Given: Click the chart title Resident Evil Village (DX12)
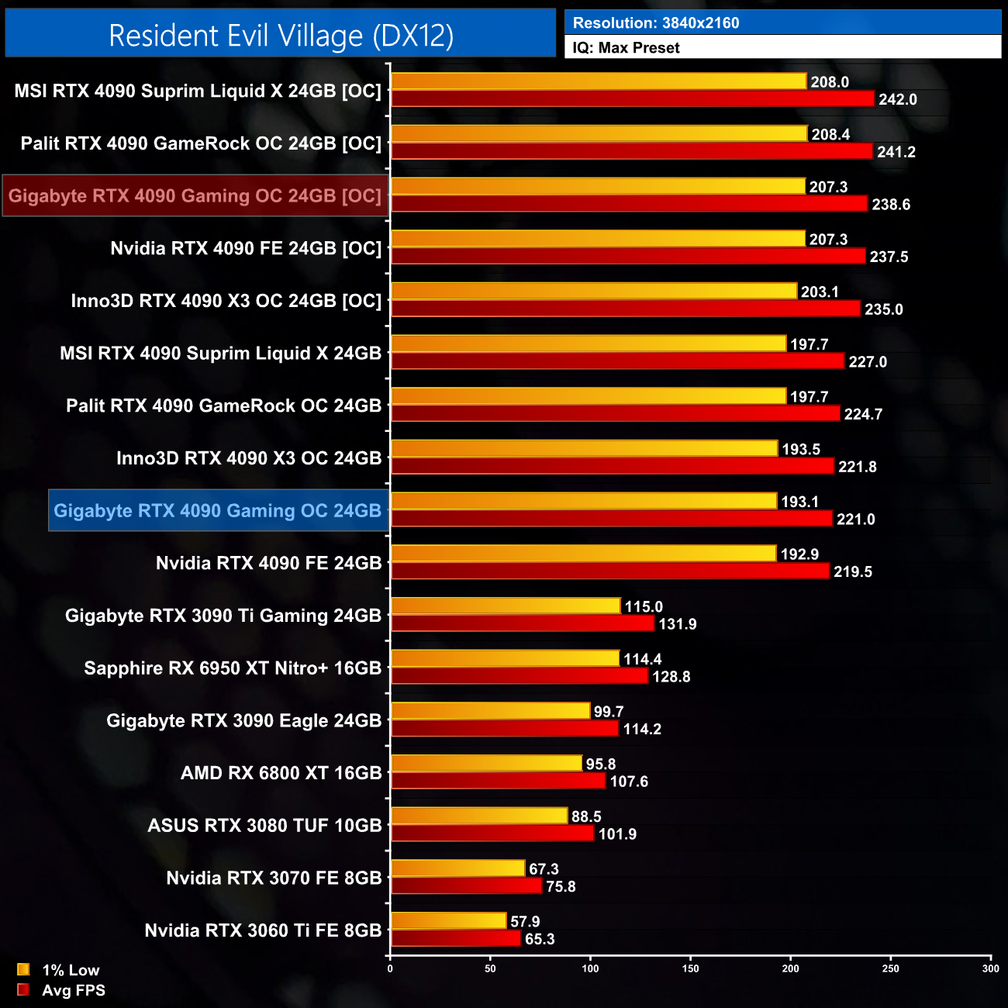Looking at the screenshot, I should (281, 36).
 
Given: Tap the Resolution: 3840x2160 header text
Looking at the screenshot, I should (656, 23).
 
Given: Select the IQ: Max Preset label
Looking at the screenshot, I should (626, 48).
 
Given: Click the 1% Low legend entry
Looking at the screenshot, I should (70, 970).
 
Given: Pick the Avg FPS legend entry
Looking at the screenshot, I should (73, 990).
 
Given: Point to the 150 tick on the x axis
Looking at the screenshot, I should (690, 968).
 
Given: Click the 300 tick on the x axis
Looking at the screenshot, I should (990, 968).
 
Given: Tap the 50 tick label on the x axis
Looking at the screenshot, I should (490, 968).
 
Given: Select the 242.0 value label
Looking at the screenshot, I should (897, 99).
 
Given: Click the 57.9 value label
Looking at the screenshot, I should (525, 921).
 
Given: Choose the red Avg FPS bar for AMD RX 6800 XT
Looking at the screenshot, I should (498, 781).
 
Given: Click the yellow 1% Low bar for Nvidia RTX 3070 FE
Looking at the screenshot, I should (457, 868).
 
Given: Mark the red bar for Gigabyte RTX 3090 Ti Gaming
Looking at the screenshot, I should (523, 623).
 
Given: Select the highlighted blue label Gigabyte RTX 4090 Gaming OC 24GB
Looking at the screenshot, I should (218, 510).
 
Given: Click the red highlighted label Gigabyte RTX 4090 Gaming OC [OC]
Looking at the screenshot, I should (195, 195).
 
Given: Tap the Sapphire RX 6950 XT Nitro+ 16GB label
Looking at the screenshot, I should (233, 668).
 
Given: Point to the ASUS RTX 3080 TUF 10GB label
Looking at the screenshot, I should (264, 825).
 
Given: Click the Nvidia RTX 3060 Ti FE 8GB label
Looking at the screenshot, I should (263, 930).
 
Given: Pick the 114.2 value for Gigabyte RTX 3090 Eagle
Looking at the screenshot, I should (642, 729).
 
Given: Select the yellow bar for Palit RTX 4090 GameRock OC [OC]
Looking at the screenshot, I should (599, 134).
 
